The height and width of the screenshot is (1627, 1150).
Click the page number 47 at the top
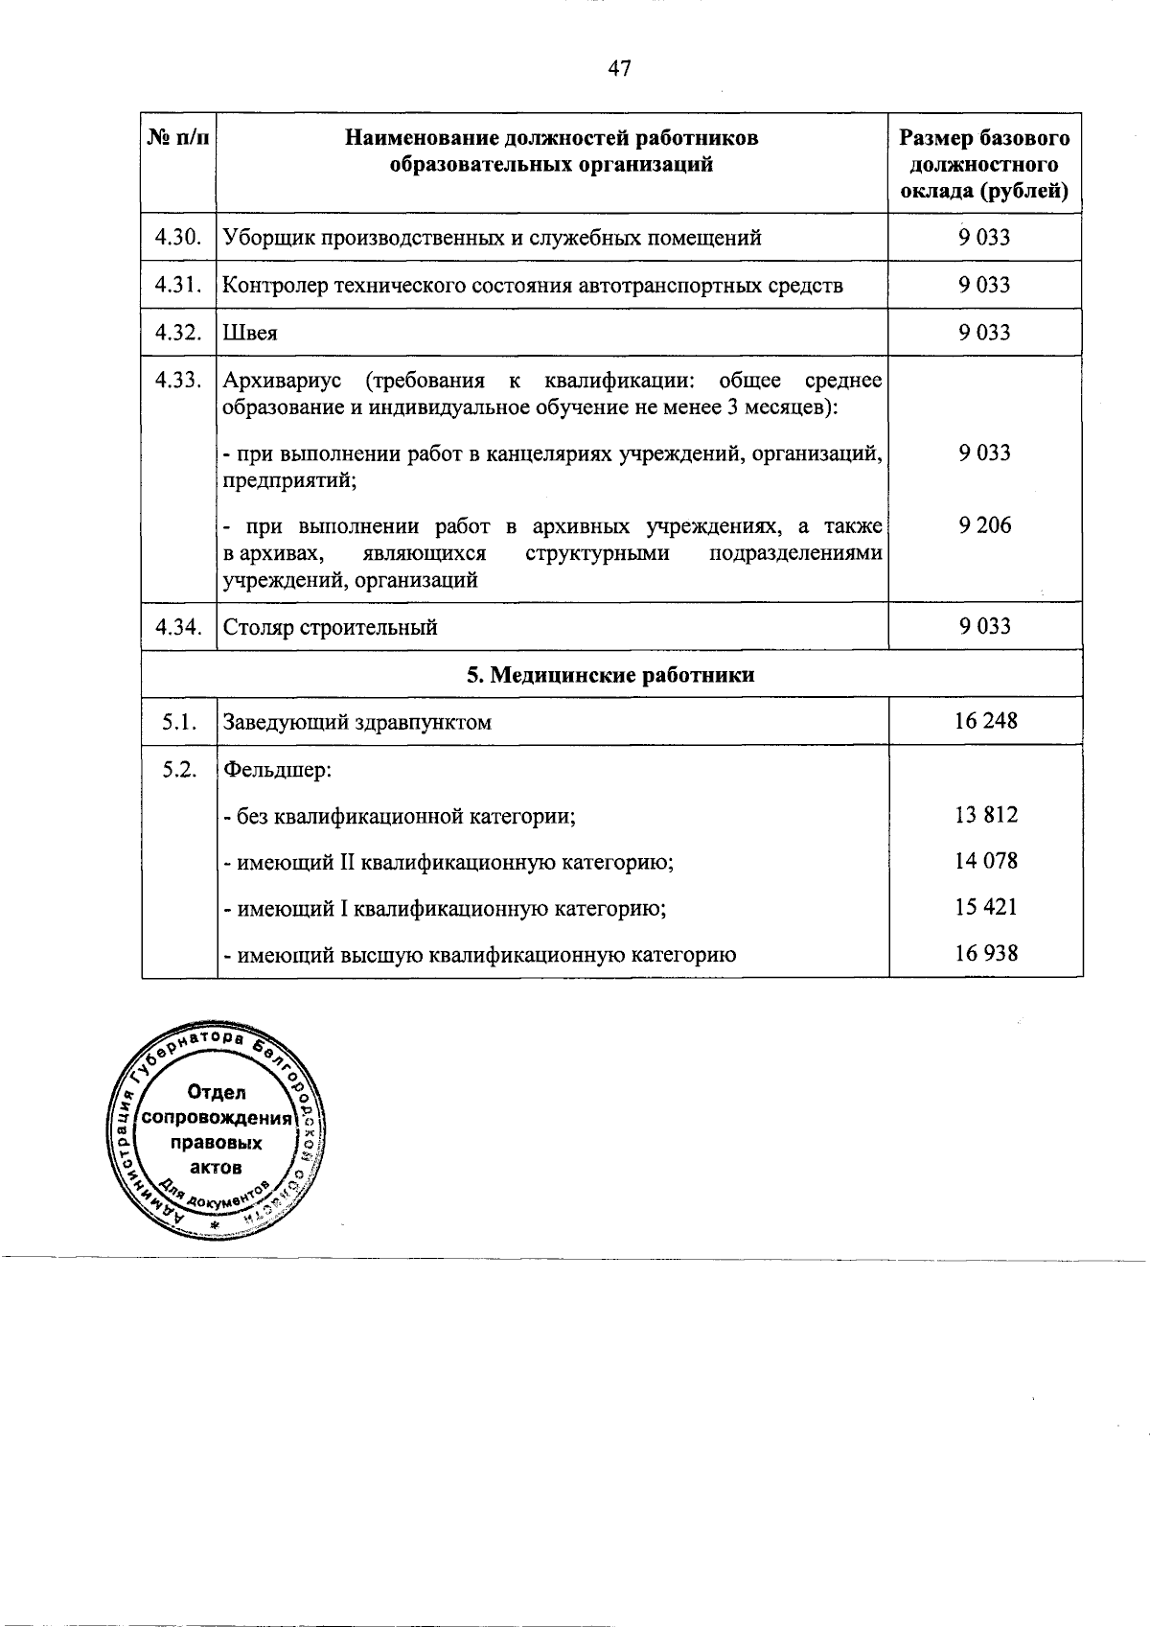click(619, 68)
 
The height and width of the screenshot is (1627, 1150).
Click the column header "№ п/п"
click(178, 138)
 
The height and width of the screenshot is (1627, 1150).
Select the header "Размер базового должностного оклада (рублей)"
click(985, 164)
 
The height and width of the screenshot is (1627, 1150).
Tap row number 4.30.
click(178, 237)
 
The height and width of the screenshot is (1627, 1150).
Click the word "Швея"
click(250, 333)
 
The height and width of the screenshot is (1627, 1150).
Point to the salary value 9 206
click(985, 524)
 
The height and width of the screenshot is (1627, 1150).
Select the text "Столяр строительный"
click(331, 627)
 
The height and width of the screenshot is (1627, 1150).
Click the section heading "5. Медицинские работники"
click(611, 675)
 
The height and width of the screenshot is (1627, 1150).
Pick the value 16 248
click(985, 721)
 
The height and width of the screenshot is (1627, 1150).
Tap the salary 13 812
click(985, 815)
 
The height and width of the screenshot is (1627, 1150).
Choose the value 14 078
click(985, 861)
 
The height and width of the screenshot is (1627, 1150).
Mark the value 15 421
click(985, 907)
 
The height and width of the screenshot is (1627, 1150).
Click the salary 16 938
click(985, 953)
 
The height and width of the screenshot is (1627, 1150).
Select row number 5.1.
click(178, 722)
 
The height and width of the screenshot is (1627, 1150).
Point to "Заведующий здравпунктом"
click(357, 722)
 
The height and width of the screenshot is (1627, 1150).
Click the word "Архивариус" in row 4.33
click(282, 381)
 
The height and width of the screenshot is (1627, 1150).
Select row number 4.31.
click(178, 285)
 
